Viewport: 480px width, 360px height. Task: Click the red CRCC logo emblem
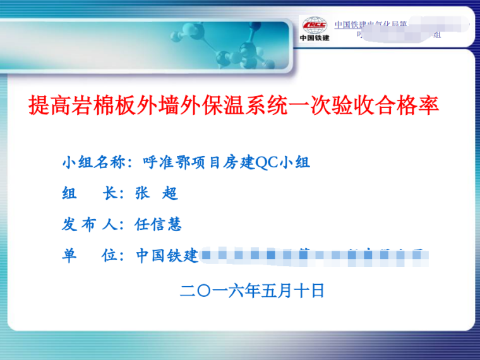click(315, 25)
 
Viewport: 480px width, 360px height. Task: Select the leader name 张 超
click(157, 193)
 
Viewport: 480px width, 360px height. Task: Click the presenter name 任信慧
click(159, 224)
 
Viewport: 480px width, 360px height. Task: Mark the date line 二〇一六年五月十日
click(252, 291)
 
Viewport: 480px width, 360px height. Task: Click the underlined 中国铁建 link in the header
click(351, 25)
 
